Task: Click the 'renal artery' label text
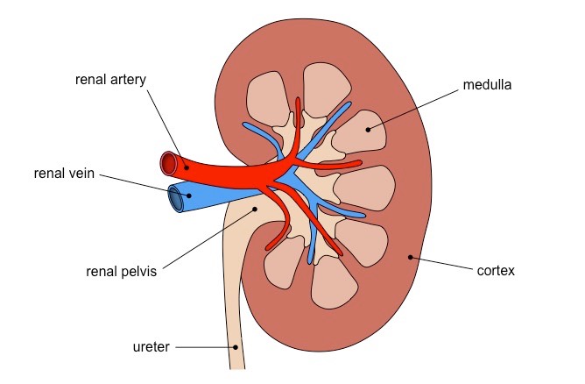110,80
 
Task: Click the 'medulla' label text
488,86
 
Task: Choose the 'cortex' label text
496,271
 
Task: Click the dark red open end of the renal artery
167,163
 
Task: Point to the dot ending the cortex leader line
409,257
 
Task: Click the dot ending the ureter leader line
236,347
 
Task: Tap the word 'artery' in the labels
129,80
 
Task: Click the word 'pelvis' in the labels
137,271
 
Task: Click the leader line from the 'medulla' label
416,108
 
